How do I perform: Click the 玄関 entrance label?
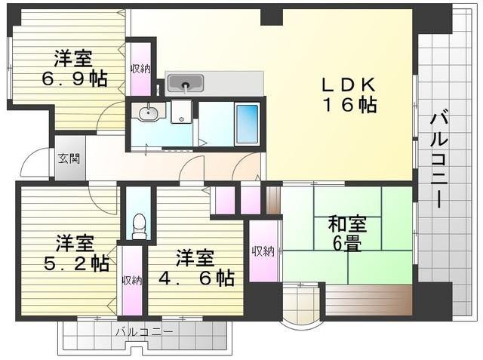click(x=69, y=159)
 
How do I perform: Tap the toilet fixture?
click(x=140, y=227)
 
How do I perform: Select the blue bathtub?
click(x=247, y=125)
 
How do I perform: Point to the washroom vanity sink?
click(x=148, y=112)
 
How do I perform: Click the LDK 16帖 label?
click(x=349, y=95)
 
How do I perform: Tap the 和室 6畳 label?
click(x=347, y=234)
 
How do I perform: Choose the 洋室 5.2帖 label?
click(x=75, y=253)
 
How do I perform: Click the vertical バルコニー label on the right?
click(x=438, y=159)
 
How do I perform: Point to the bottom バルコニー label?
click(x=144, y=332)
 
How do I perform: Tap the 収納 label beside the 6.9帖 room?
click(x=141, y=69)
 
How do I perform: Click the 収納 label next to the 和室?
click(x=263, y=251)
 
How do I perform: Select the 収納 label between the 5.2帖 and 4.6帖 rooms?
click(x=132, y=280)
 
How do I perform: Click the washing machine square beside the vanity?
click(x=181, y=112)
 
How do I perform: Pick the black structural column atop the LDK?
click(x=272, y=17)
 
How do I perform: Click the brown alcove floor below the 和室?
click(x=369, y=300)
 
